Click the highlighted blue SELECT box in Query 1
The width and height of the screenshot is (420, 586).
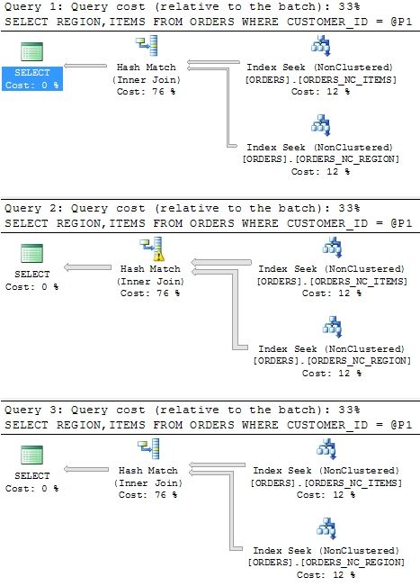pos(32,78)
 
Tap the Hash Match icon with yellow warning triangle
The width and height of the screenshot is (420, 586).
pos(152,248)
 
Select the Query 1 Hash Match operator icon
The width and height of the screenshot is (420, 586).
pos(147,46)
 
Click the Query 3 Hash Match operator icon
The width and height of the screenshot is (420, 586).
pos(148,449)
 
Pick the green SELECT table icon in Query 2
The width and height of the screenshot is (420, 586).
pos(32,253)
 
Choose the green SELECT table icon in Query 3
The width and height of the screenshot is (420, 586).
pos(32,455)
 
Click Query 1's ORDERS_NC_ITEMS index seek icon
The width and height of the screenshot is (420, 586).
pos(321,46)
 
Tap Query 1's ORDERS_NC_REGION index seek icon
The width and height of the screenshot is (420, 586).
pos(321,126)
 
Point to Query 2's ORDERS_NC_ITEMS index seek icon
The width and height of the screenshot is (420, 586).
pos(332,248)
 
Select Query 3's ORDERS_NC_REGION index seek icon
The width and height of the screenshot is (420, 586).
pos(326,528)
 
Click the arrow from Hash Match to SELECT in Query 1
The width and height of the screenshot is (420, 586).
pos(85,66)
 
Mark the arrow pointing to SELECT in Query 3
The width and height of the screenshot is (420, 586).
pos(86,469)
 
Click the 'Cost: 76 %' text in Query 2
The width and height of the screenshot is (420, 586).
pos(150,293)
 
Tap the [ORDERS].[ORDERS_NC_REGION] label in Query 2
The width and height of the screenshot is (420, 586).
pos(332,361)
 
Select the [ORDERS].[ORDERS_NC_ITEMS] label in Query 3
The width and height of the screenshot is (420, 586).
pos(326,482)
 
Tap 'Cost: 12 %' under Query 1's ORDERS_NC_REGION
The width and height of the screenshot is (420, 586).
pos(321,172)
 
